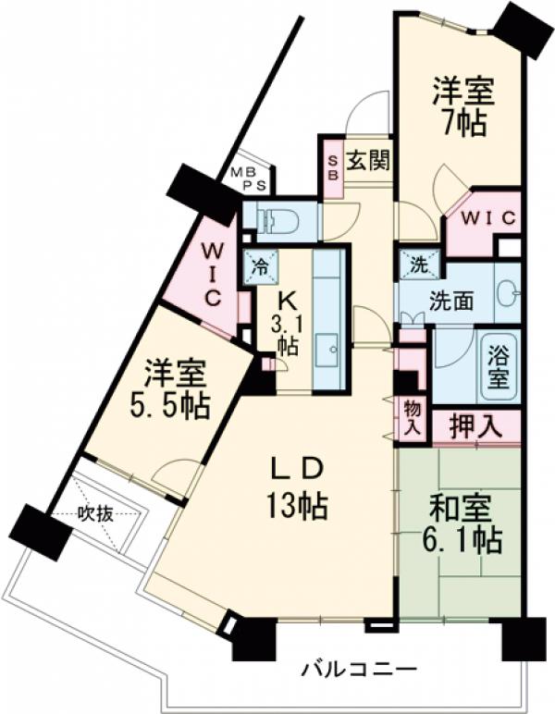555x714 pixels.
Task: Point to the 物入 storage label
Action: click(x=412, y=419)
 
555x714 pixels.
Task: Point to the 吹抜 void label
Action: click(x=95, y=515)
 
